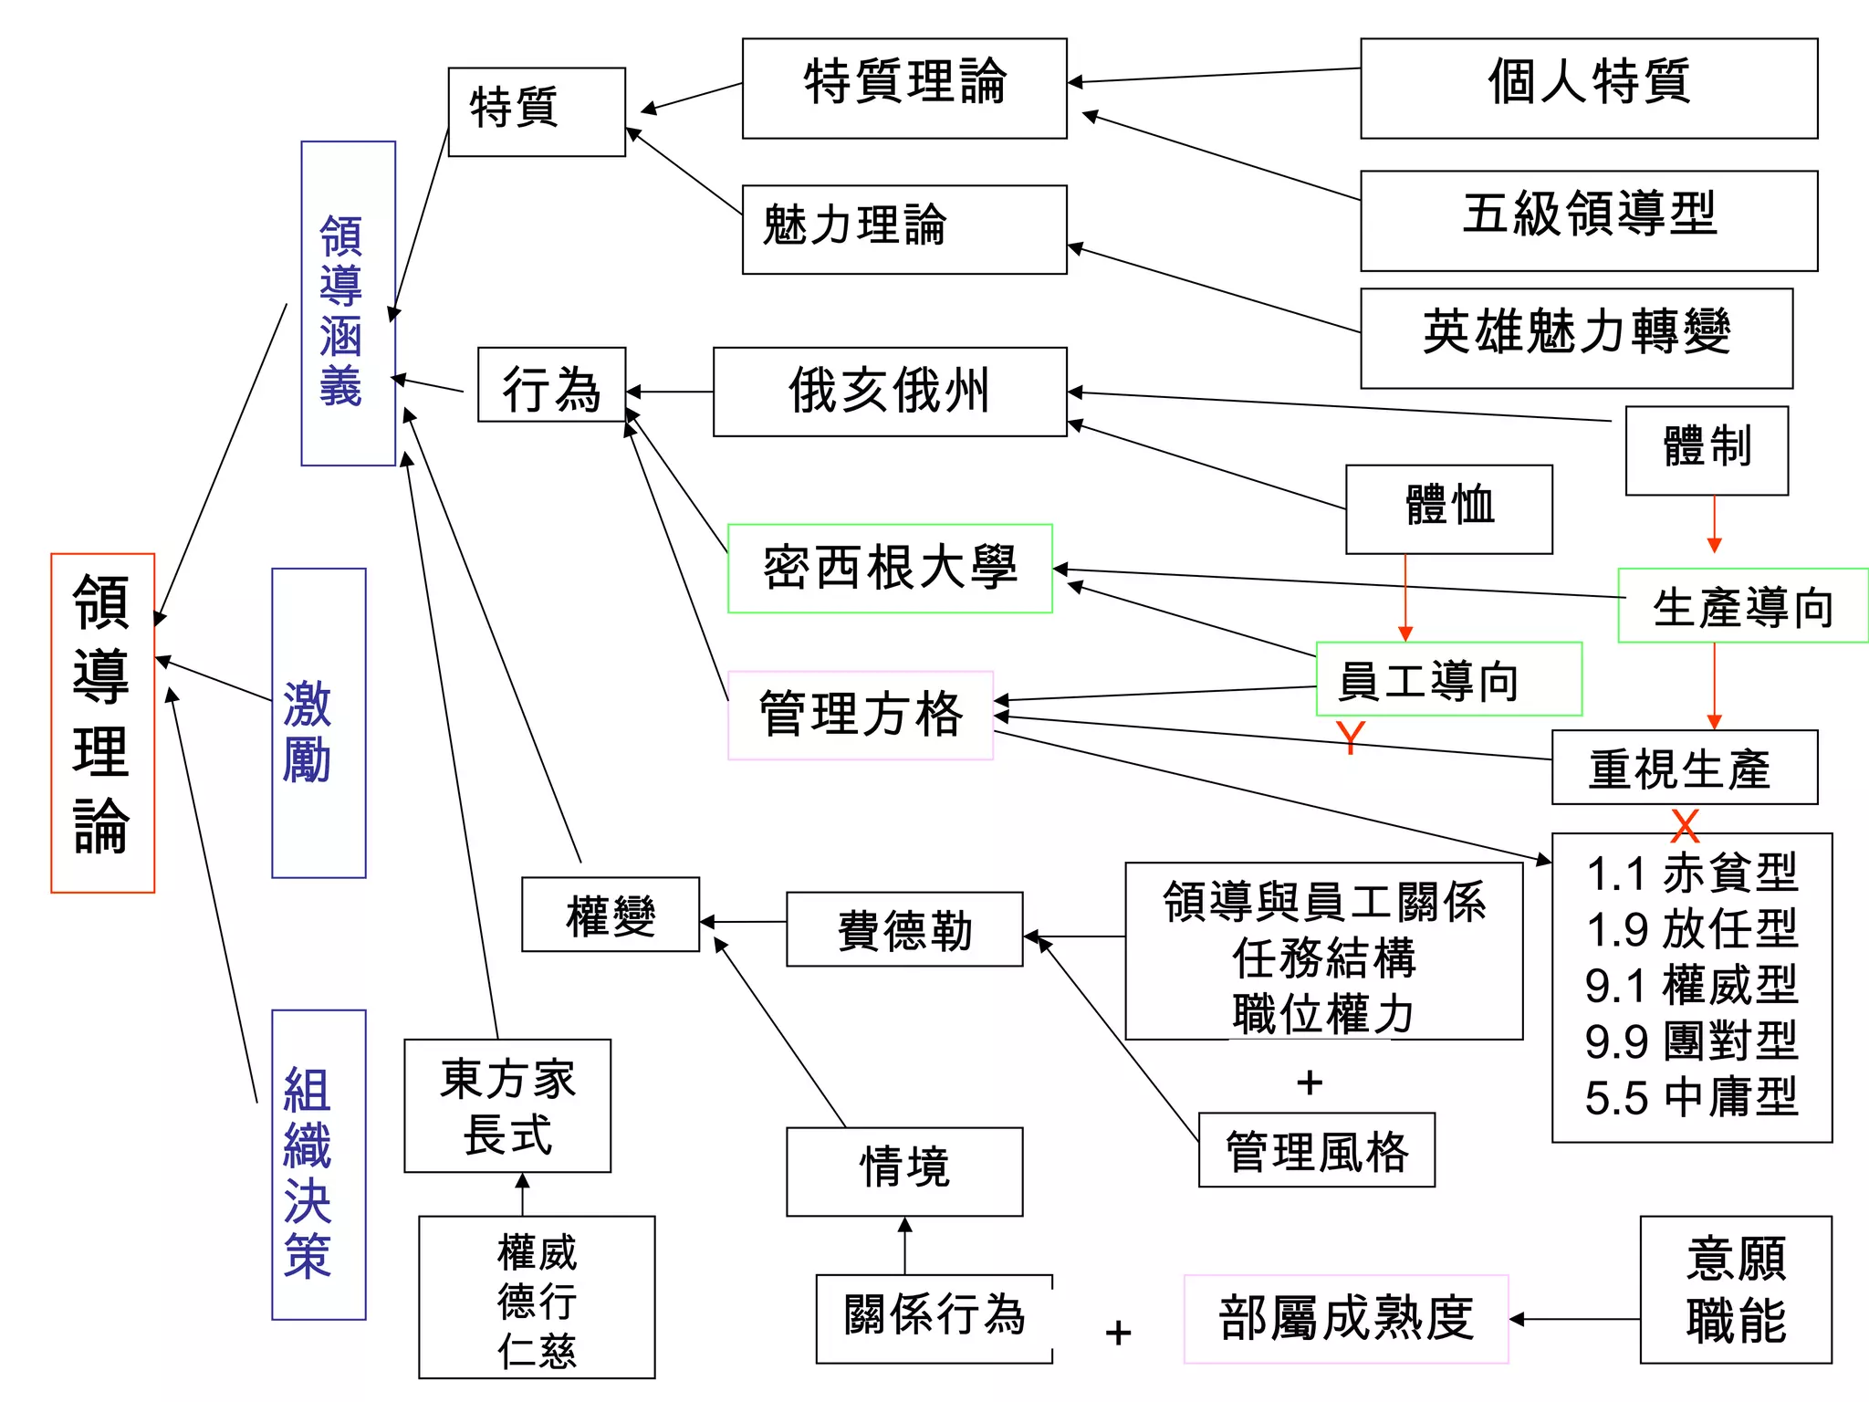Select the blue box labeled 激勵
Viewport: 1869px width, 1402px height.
click(x=318, y=723)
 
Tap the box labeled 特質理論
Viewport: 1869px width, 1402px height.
click(x=903, y=88)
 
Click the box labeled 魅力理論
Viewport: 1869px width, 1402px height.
click(x=903, y=229)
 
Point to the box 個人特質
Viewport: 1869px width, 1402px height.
click(x=1588, y=88)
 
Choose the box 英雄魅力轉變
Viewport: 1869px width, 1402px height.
click(x=1576, y=338)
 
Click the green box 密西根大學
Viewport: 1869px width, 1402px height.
click(x=890, y=568)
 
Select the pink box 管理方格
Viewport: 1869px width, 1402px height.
click(x=860, y=715)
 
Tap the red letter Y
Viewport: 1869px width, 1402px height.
click(x=1350, y=737)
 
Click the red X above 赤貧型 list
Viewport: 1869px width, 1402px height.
click(x=1685, y=825)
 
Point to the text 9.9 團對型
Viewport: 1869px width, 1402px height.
click(x=1691, y=1041)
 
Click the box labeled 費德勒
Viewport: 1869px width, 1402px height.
click(x=903, y=929)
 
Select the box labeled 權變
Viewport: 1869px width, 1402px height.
click(x=610, y=915)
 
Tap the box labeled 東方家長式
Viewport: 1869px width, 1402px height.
click(x=507, y=1105)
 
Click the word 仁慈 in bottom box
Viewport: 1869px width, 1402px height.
click(x=537, y=1350)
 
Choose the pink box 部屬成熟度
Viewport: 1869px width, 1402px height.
click(x=1345, y=1318)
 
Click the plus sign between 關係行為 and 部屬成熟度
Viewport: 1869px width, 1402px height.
click(x=1118, y=1333)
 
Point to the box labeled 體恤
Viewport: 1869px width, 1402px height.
click(x=1448, y=508)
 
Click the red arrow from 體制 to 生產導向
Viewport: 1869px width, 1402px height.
click(x=1714, y=525)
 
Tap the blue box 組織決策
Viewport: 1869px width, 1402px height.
click(x=318, y=1164)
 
